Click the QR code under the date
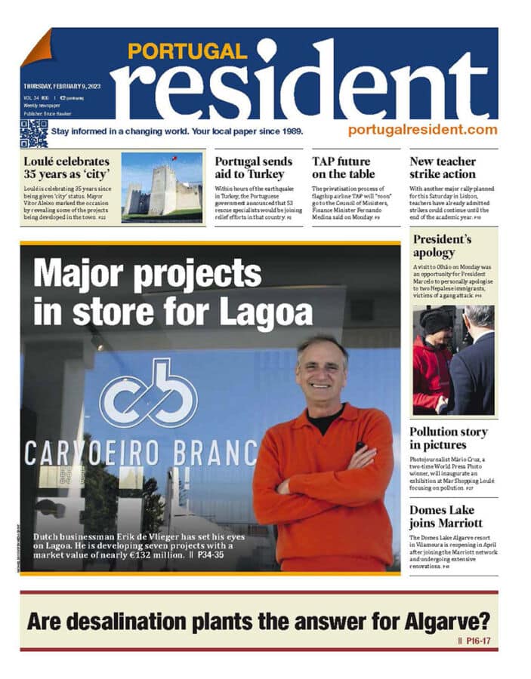[33, 133]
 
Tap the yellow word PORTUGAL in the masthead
[187, 51]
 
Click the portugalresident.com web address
[422, 130]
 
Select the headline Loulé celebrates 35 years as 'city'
[66, 167]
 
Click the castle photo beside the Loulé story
[162, 188]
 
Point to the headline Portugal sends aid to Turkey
[255, 167]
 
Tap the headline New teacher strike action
[443, 167]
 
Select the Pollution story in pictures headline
[448, 438]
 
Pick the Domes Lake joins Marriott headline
[446, 517]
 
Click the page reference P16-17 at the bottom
[478, 641]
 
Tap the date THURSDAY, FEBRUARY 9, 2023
[66, 86]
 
